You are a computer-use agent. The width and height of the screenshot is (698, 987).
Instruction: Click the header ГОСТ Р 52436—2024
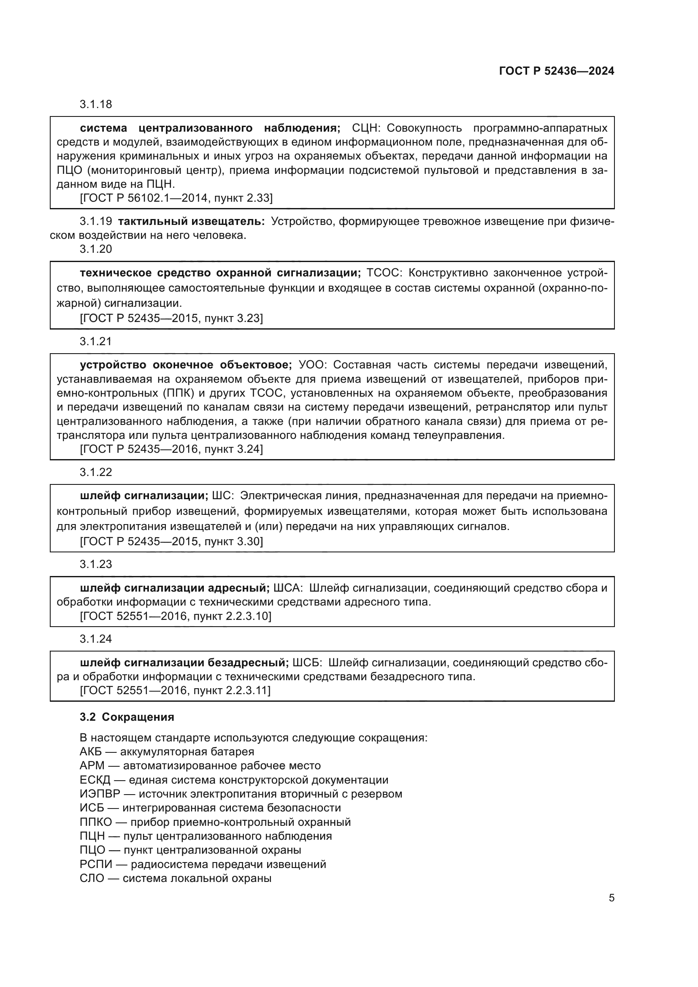557,71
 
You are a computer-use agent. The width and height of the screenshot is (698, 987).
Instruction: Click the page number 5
611,898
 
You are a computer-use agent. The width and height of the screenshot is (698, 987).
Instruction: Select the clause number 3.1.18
95,105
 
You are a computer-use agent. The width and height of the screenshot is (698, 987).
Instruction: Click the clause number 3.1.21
95,342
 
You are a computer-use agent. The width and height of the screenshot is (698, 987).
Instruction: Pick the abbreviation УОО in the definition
313,365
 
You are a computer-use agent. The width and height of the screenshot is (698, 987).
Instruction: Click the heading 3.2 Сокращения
127,717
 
